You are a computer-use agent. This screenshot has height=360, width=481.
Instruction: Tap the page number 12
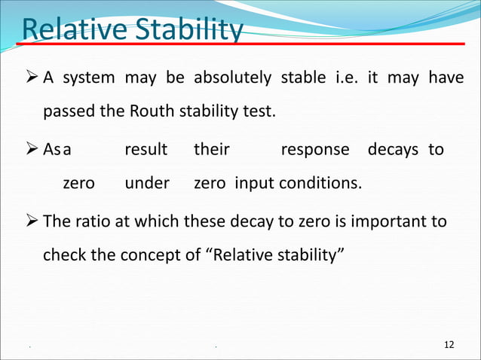pyautogui.click(x=449, y=345)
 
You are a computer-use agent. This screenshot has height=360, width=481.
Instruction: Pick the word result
pyautogui.click(x=146, y=149)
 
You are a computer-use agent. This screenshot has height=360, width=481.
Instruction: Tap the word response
pyautogui.click(x=314, y=149)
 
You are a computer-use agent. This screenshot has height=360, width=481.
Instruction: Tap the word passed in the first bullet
pyautogui.click(x=67, y=113)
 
